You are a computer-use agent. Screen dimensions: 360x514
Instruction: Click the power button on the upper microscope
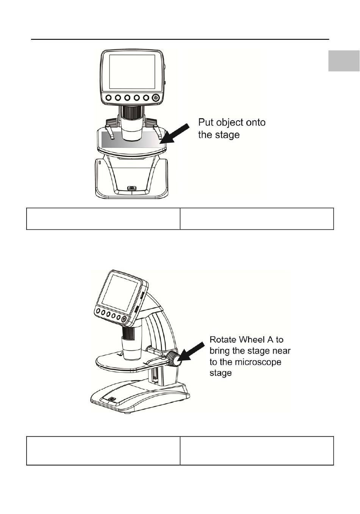pyautogui.click(x=156, y=98)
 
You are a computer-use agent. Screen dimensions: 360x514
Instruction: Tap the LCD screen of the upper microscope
pyautogui.click(x=132, y=72)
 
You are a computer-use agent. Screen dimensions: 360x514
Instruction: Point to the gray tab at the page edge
pyautogui.click(x=344, y=61)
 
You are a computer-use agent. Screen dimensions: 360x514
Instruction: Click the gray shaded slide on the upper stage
pyautogui.click(x=132, y=140)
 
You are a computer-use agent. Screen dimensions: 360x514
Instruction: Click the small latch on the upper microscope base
pyautogui.click(x=132, y=188)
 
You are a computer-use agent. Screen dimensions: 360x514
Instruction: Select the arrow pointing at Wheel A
pyautogui.click(x=191, y=351)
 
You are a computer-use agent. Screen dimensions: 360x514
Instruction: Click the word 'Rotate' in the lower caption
pyautogui.click(x=222, y=340)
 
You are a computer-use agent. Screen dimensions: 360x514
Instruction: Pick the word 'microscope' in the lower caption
pyautogui.click(x=258, y=362)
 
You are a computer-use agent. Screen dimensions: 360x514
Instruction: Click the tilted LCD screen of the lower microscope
pyautogui.click(x=119, y=294)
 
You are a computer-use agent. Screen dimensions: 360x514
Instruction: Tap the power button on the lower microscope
pyautogui.click(x=124, y=319)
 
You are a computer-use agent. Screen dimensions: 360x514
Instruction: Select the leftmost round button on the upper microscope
pyautogui.click(x=108, y=98)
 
